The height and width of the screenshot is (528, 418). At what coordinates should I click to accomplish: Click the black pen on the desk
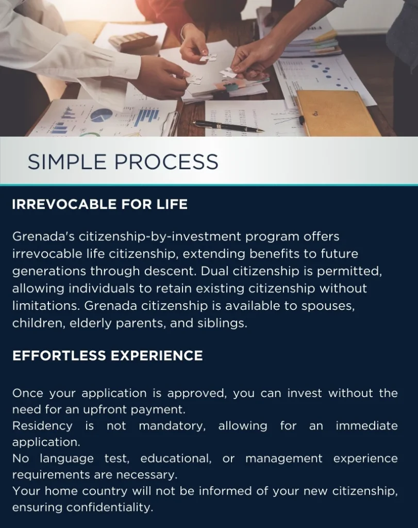tap(228, 126)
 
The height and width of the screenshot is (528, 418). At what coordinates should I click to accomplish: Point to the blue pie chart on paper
tap(102, 115)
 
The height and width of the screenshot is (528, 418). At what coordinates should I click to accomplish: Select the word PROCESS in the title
tap(166, 162)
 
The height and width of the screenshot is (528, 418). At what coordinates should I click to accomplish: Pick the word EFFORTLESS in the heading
tap(59, 356)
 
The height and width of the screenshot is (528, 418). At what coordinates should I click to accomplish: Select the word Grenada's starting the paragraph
tap(43, 236)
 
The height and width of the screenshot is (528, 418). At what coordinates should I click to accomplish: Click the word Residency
tap(42, 426)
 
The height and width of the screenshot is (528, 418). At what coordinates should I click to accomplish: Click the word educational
tap(176, 458)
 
